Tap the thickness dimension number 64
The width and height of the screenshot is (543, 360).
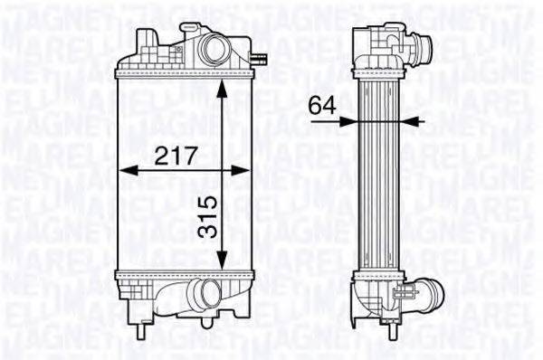[x=320, y=104]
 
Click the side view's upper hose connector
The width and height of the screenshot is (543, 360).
[x=418, y=44]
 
